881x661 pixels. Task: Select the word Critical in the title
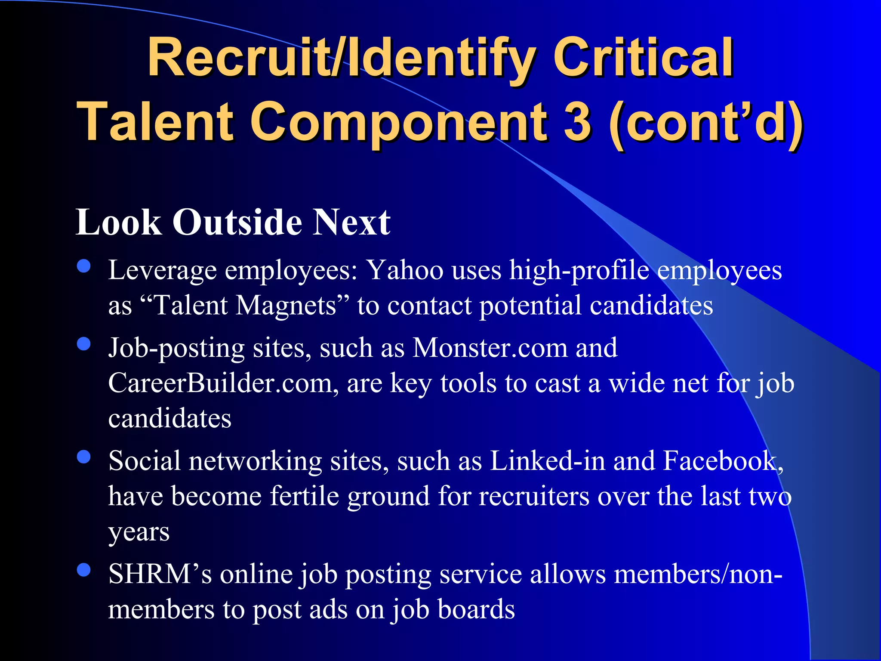tap(643, 58)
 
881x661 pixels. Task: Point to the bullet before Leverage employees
tap(84, 266)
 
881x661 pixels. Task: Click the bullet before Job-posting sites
tap(84, 344)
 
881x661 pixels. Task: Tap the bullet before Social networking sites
tap(84, 457)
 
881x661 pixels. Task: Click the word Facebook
tap(722, 461)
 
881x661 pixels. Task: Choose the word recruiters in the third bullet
tap(534, 496)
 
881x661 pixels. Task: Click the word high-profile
tap(579, 271)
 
